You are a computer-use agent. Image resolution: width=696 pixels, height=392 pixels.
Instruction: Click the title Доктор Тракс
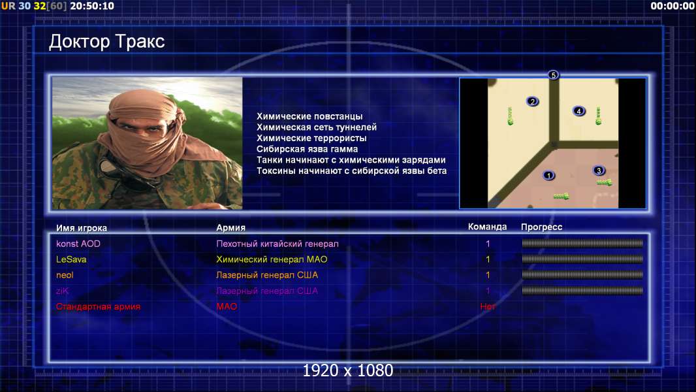click(106, 42)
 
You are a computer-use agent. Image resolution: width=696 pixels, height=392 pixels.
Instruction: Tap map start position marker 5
click(553, 75)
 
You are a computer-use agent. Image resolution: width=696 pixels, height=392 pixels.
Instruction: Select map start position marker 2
click(533, 102)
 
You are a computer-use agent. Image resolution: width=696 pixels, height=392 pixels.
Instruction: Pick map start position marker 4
click(578, 111)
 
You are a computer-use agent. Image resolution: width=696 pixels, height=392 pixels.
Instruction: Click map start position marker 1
click(548, 176)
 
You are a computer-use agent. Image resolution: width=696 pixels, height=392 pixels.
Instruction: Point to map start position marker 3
click(599, 171)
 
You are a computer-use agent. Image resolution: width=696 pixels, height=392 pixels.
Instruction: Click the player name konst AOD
click(78, 244)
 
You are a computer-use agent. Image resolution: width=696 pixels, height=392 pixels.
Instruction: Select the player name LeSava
click(71, 259)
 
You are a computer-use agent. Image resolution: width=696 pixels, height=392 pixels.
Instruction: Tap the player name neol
click(65, 275)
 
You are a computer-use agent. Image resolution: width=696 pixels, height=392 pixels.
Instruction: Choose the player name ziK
click(62, 291)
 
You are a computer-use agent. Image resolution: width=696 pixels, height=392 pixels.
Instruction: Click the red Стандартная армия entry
click(98, 306)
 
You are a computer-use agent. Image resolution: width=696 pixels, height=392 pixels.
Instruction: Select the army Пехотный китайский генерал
click(277, 244)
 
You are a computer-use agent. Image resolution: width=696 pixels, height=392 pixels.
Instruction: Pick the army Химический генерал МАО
click(272, 259)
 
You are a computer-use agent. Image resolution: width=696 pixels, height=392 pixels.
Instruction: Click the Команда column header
click(487, 227)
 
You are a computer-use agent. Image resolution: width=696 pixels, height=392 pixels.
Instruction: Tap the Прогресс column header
click(541, 227)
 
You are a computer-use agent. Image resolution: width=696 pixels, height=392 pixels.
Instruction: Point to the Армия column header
click(231, 228)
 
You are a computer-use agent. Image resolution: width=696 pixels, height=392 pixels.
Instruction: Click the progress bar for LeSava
click(582, 259)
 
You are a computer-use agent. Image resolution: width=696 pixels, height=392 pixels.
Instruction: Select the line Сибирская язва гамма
click(307, 149)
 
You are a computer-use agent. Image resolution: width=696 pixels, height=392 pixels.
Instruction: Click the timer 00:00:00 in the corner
click(672, 6)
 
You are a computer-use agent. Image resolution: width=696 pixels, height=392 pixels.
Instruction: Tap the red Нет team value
click(487, 306)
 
